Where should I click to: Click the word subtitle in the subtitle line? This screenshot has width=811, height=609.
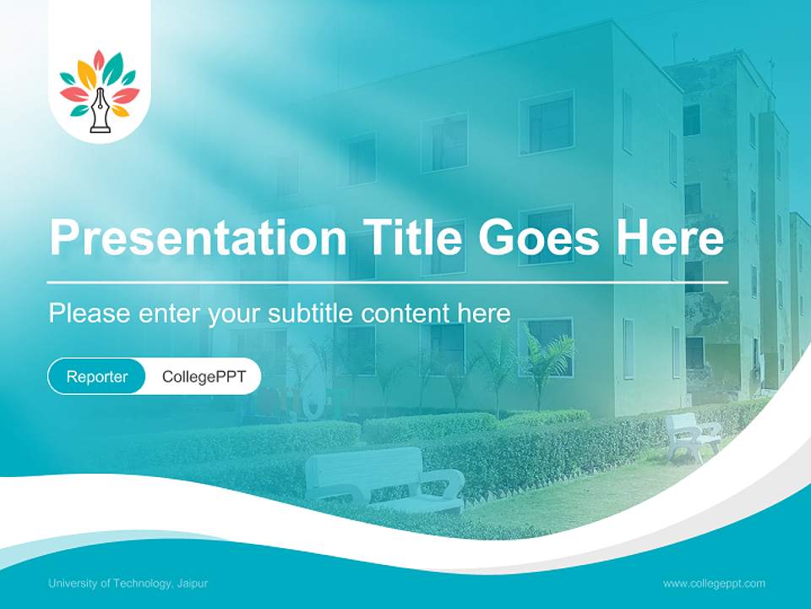point(313,313)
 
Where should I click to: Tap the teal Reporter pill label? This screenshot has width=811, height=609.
point(97,376)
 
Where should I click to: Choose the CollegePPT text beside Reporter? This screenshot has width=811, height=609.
point(204,376)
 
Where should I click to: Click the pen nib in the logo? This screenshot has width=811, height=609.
point(101,110)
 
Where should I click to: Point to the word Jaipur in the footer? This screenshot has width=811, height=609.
point(193,584)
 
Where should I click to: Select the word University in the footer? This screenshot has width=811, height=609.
point(73,584)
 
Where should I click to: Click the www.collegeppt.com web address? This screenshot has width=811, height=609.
point(714,584)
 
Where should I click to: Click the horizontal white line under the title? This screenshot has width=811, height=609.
point(388,282)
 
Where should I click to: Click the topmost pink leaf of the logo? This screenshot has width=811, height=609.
point(99,61)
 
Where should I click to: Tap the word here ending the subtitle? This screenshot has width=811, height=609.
point(484,313)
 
